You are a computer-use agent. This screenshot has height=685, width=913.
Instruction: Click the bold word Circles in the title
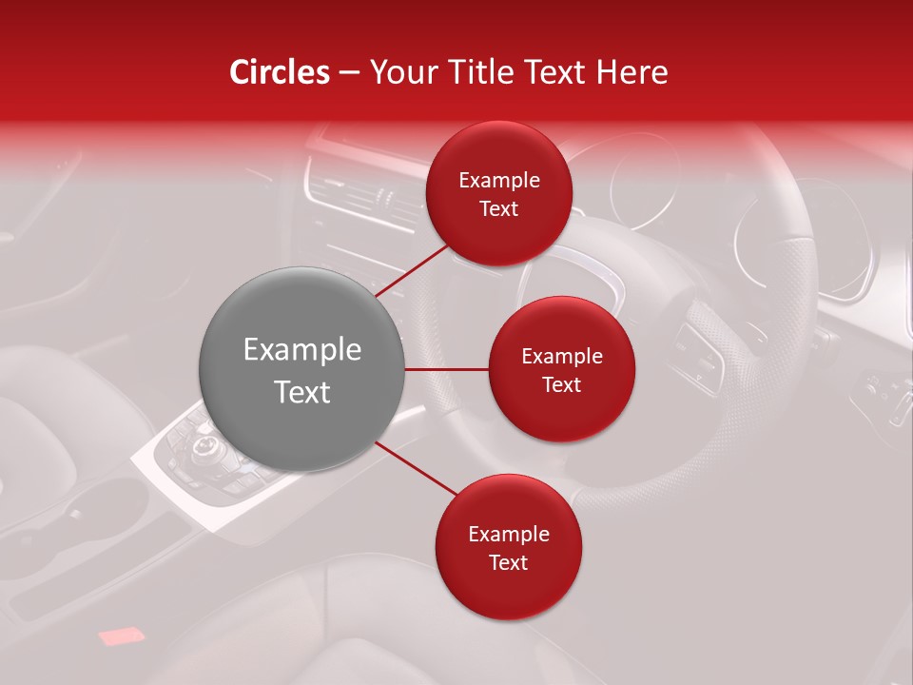tap(280, 72)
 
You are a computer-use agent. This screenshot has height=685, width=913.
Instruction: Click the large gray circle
tap(302, 369)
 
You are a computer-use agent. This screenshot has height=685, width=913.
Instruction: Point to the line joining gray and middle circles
tap(447, 369)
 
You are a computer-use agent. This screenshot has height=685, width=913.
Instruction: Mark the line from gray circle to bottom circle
tap(416, 469)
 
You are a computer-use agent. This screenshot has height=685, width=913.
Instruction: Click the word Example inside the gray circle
tap(302, 350)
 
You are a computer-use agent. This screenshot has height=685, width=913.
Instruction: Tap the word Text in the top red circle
tap(499, 208)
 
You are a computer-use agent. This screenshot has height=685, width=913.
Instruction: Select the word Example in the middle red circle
tap(562, 357)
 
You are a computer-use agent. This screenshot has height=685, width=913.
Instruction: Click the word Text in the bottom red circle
tap(508, 562)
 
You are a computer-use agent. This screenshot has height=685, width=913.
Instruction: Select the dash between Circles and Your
tap(349, 72)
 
